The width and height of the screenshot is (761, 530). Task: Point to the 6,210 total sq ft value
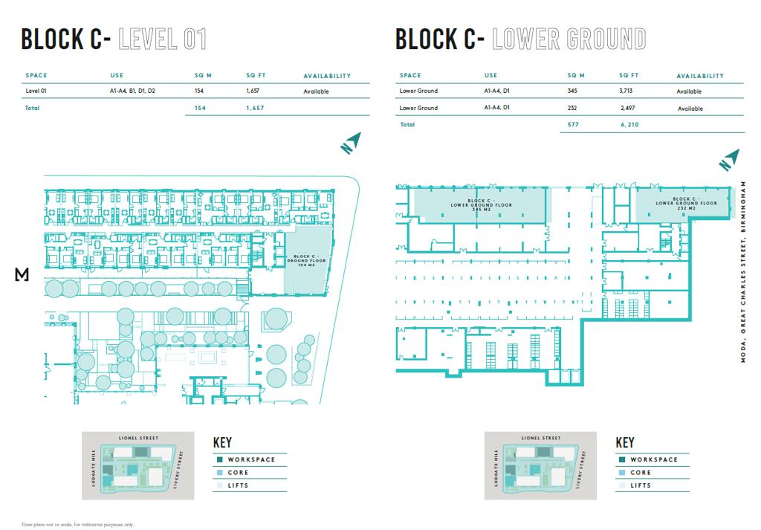[x=629, y=126]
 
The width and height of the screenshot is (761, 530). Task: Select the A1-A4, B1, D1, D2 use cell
[x=132, y=91]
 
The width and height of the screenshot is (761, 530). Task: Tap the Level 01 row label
[x=37, y=91]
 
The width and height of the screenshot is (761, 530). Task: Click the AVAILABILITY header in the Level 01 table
[x=327, y=76]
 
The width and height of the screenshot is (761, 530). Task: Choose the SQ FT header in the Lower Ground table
[x=629, y=76]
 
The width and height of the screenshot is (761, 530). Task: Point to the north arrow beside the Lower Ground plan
[x=728, y=160]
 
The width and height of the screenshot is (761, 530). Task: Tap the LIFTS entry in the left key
[x=238, y=485]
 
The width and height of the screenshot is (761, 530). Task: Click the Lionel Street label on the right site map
[x=541, y=438]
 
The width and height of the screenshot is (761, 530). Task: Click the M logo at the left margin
[x=22, y=274]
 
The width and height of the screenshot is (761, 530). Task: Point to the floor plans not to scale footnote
[x=78, y=524]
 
